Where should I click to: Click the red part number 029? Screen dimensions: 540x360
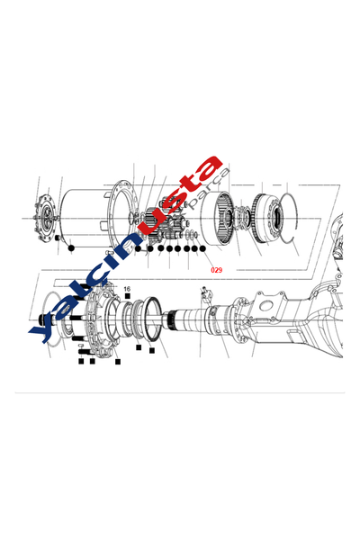[x=216, y=269]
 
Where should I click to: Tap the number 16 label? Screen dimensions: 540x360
[x=127, y=289]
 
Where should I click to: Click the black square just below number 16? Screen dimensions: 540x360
[x=128, y=297]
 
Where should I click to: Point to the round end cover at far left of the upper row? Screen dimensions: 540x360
[x=40, y=216]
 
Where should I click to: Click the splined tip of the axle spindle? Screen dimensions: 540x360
[x=176, y=319]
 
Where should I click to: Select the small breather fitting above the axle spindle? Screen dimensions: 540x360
[x=206, y=292]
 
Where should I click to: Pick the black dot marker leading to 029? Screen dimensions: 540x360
[x=202, y=247]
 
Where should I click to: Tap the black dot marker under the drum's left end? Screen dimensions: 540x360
[x=71, y=247]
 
